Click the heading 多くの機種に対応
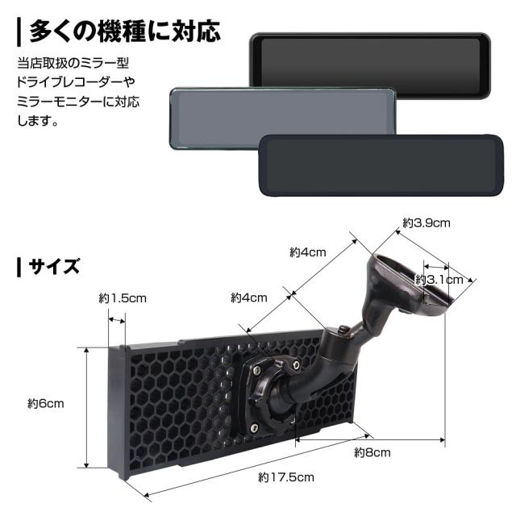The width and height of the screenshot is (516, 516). pyautogui.click(x=125, y=31)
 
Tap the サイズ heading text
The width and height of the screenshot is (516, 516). pyautogui.click(x=54, y=267)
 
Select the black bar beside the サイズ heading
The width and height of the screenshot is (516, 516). pyautogui.click(x=19, y=267)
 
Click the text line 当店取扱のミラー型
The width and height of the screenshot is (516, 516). pyautogui.click(x=73, y=63)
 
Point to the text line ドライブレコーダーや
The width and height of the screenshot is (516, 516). pyautogui.click(x=76, y=82)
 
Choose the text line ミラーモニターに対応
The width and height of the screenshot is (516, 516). pyautogui.click(x=78, y=101)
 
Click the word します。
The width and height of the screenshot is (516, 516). pyautogui.click(x=38, y=120)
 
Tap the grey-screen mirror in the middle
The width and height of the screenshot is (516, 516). pyautogui.click(x=282, y=119)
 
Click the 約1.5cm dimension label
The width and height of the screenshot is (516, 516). pyautogui.click(x=123, y=298)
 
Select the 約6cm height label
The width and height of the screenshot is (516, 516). pyautogui.click(x=46, y=403)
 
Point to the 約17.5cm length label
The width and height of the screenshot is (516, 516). pyautogui.click(x=286, y=477)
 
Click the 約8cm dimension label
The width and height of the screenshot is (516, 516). pyautogui.click(x=372, y=452)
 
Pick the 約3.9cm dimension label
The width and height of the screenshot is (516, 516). pyautogui.click(x=427, y=223)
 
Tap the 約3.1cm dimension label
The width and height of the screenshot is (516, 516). pyautogui.click(x=439, y=280)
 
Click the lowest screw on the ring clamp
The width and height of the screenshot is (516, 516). pyautogui.click(x=254, y=428)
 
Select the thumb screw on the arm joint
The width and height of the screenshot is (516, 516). pyautogui.click(x=343, y=331)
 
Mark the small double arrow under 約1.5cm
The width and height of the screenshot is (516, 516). pyautogui.click(x=117, y=320)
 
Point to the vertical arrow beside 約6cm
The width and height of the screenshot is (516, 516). pyautogui.click(x=86, y=407)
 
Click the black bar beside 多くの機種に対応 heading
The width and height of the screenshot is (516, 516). pyautogui.click(x=19, y=32)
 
